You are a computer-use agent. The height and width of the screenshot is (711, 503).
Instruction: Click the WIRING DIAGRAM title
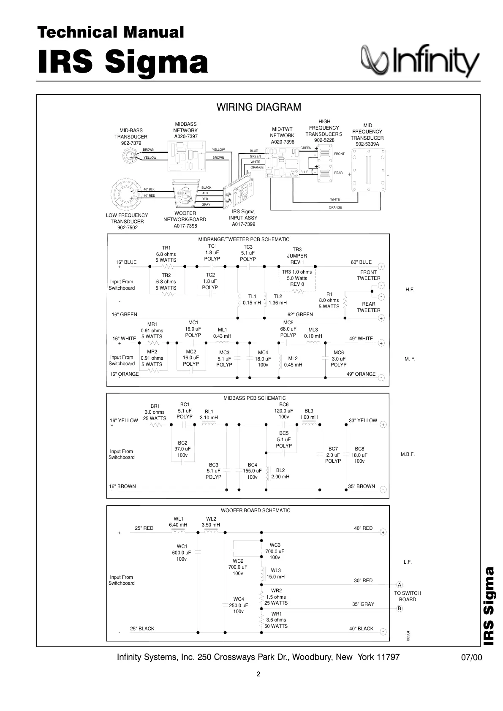(x=258, y=107)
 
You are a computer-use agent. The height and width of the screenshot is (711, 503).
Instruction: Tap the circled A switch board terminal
(x=400, y=585)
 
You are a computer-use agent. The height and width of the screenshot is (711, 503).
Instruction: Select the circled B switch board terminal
(x=400, y=608)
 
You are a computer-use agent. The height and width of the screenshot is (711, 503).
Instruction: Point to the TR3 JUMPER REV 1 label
(x=297, y=256)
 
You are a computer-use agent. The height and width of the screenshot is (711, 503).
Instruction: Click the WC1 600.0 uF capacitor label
(x=182, y=552)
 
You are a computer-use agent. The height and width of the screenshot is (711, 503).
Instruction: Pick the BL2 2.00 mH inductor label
(x=280, y=473)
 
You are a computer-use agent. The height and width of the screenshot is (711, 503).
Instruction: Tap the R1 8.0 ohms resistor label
(x=329, y=300)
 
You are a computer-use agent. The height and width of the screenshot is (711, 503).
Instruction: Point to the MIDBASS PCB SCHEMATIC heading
(x=254, y=398)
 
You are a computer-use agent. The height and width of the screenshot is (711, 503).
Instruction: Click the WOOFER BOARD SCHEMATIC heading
(x=256, y=510)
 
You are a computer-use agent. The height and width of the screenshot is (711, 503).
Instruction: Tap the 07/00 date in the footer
(x=471, y=658)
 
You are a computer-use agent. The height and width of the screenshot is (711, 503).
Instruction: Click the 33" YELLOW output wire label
(x=363, y=421)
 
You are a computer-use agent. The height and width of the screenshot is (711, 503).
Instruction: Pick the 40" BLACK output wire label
(x=361, y=629)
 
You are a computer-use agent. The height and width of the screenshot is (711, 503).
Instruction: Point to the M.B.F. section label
(x=408, y=455)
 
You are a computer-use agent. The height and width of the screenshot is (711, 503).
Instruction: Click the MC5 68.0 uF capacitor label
(x=288, y=329)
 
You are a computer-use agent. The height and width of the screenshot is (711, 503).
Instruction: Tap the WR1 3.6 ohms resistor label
(x=276, y=620)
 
